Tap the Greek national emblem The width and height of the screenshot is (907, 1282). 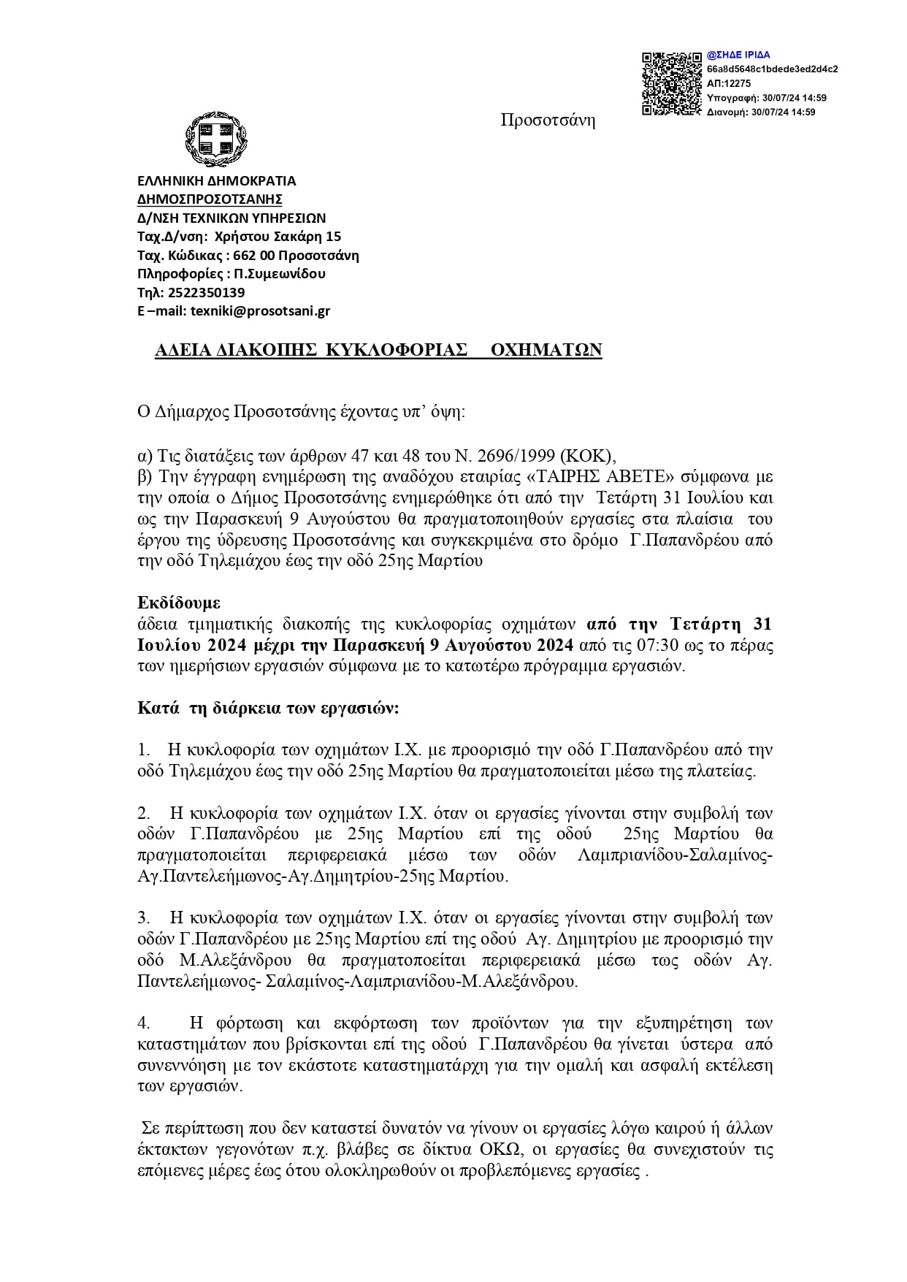click(x=211, y=139)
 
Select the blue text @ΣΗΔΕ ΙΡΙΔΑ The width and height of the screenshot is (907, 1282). click(x=738, y=55)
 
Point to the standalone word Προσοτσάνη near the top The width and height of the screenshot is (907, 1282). click(x=548, y=121)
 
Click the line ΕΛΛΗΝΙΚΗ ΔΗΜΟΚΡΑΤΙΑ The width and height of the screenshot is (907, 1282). click(x=217, y=180)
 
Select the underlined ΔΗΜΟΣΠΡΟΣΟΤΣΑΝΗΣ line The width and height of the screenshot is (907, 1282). click(x=210, y=199)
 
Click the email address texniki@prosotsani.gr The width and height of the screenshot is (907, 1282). click(x=260, y=310)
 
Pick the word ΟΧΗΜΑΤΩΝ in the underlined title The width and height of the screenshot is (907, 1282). click(x=546, y=351)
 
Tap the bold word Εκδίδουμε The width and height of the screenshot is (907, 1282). click(x=179, y=603)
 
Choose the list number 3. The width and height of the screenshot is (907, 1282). click(x=143, y=918)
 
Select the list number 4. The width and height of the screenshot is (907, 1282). click(x=144, y=1023)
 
